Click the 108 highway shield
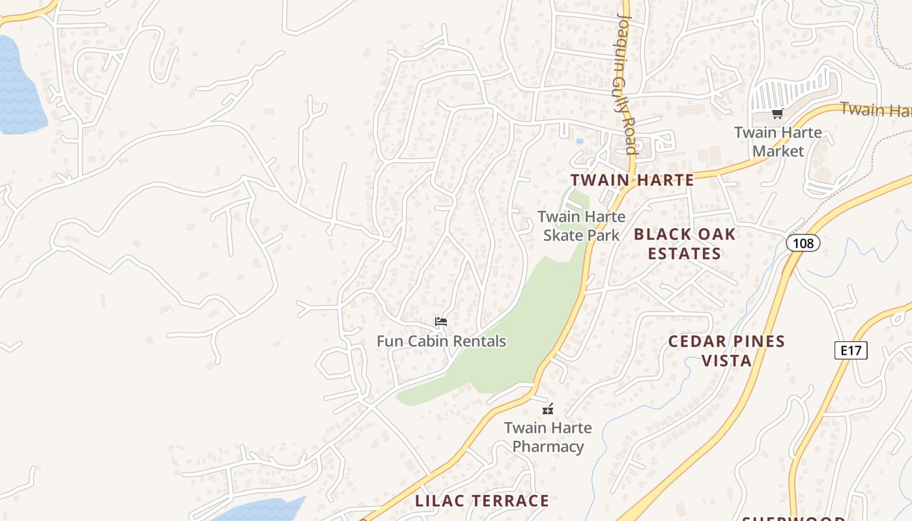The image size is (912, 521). click(x=803, y=243)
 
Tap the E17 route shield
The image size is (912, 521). click(x=851, y=350)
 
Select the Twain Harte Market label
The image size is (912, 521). click(x=778, y=142)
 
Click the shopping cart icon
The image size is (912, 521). click(x=777, y=115)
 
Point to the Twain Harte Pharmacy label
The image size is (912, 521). click(x=548, y=437)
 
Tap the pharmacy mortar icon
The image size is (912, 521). click(x=549, y=409)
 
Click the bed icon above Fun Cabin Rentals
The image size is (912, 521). click(x=441, y=322)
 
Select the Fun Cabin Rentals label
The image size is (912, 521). click(x=441, y=341)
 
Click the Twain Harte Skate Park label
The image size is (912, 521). click(x=581, y=225)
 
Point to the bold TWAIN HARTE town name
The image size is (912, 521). click(x=632, y=180)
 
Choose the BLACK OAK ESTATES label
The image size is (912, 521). click(x=685, y=244)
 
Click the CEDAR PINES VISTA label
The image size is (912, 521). click(x=726, y=350)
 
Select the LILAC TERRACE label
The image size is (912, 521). click(x=483, y=501)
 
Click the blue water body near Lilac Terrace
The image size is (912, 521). click(x=267, y=509)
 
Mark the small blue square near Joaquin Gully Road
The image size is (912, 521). click(x=579, y=141)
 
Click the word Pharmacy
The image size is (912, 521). click(x=548, y=447)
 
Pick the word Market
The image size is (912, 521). click(x=778, y=151)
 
